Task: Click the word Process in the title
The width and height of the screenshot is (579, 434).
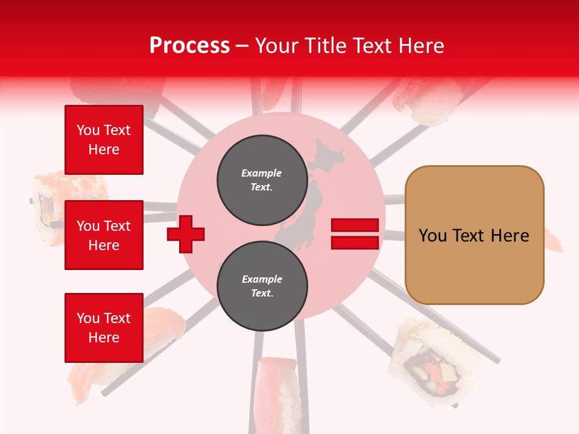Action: click(189, 45)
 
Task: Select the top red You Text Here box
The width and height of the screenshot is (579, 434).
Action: click(104, 140)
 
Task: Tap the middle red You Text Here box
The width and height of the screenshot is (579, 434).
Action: click(104, 235)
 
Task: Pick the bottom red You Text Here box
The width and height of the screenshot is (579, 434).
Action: click(104, 328)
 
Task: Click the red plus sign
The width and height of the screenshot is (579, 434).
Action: click(186, 234)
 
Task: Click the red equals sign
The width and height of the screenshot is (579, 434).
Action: click(355, 234)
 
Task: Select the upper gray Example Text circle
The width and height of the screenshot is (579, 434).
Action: click(262, 180)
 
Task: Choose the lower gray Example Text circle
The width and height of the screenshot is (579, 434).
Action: click(262, 286)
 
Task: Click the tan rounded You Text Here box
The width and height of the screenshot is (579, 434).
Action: click(474, 235)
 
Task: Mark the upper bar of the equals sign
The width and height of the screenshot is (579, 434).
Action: click(355, 225)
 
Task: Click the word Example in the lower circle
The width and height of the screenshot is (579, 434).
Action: click(262, 279)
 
